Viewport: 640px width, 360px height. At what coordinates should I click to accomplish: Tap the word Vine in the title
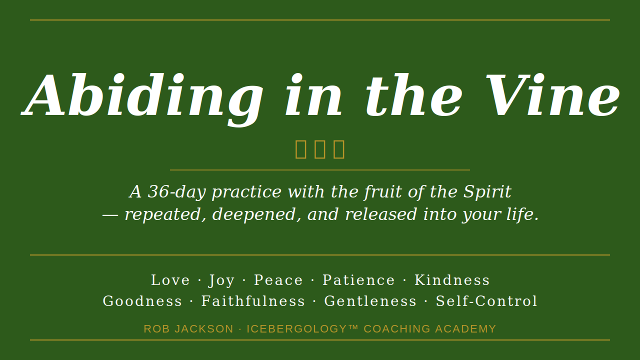pos(552,96)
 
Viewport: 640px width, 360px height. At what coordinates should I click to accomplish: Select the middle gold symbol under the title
pos(320,149)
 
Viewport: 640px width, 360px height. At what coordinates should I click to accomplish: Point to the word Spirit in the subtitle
pos(487,192)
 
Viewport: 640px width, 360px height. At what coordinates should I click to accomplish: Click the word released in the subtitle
pos(380,214)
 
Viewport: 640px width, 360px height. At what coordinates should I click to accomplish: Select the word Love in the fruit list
pos(170,280)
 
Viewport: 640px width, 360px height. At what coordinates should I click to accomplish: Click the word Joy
pos(221,280)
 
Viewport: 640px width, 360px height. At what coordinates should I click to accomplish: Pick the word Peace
pos(278,280)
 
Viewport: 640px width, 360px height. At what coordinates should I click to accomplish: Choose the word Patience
pos(358,280)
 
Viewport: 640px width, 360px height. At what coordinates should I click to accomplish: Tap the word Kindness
pos(452,280)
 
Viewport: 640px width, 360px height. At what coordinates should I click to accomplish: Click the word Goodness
pos(142,301)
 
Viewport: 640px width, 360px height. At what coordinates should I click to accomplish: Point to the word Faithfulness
pos(253,301)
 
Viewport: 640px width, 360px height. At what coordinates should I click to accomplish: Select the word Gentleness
pos(370,301)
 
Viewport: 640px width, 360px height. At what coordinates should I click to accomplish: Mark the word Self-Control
pos(486,301)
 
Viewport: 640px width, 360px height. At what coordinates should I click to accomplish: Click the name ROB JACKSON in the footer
pos(188,329)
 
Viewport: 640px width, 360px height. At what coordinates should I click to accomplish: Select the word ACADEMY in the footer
pos(465,329)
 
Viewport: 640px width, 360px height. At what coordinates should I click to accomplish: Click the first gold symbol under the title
pos(301,149)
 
